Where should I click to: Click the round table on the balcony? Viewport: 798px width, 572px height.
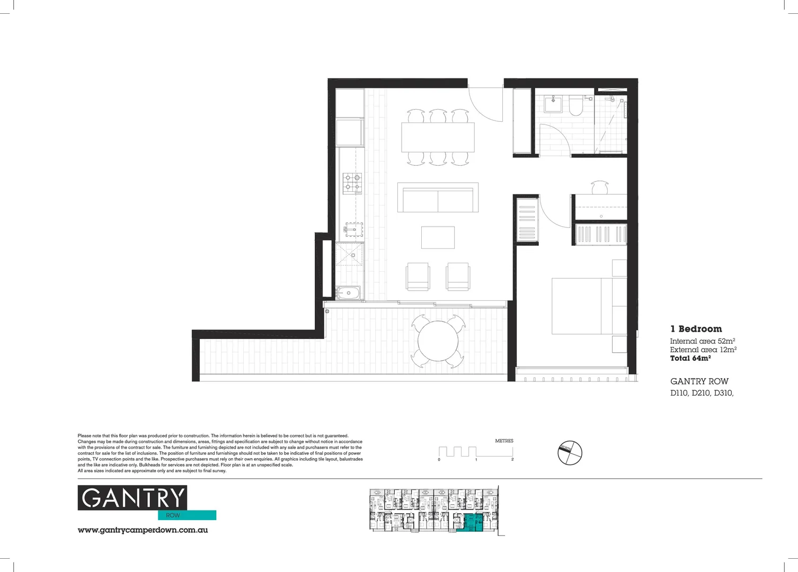coord(438,341)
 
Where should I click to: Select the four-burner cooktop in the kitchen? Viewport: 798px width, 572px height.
coord(352,183)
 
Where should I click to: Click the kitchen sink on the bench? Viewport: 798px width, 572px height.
coord(354,229)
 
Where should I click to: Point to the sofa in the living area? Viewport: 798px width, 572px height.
coord(438,198)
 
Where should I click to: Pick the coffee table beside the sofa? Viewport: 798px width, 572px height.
coord(438,237)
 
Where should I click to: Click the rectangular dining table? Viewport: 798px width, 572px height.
coord(438,137)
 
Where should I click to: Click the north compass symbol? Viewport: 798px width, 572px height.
coord(570,453)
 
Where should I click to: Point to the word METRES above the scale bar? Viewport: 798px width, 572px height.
coord(504,441)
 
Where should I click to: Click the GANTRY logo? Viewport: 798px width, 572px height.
coord(132,498)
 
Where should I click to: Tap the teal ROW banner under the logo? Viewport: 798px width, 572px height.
coord(187,515)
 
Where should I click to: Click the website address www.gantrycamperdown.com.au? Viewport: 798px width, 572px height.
coord(143,530)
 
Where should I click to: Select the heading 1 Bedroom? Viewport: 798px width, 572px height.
coord(696,329)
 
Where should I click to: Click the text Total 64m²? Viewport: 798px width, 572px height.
coord(690,359)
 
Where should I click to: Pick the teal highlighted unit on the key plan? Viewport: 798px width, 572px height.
coord(470,522)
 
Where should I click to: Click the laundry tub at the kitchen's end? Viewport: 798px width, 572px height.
coord(348,292)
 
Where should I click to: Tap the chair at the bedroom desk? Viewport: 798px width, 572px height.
coord(600,188)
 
